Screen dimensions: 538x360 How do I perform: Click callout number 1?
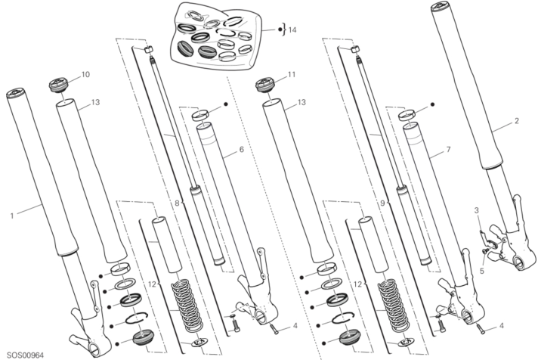tap(12, 216)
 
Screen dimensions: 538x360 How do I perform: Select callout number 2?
tap(516, 121)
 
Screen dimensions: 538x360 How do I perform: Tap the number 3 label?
tap(476, 210)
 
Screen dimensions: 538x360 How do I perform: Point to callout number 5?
tap(482, 271)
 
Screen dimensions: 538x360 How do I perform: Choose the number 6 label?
tap(241, 150)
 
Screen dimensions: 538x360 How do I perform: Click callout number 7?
tap(448, 150)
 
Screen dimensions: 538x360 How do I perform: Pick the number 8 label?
tap(177, 203)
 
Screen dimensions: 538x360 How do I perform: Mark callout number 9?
tap(383, 203)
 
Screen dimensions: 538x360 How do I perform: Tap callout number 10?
tap(85, 74)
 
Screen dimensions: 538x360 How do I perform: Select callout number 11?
tap(292, 74)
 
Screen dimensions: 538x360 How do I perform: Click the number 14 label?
tap(292, 30)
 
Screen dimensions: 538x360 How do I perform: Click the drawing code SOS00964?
tap(26, 355)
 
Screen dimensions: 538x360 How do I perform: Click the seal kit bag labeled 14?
tap(217, 36)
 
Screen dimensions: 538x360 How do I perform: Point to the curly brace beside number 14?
tap(284, 30)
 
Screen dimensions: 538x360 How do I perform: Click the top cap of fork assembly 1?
tap(16, 93)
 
